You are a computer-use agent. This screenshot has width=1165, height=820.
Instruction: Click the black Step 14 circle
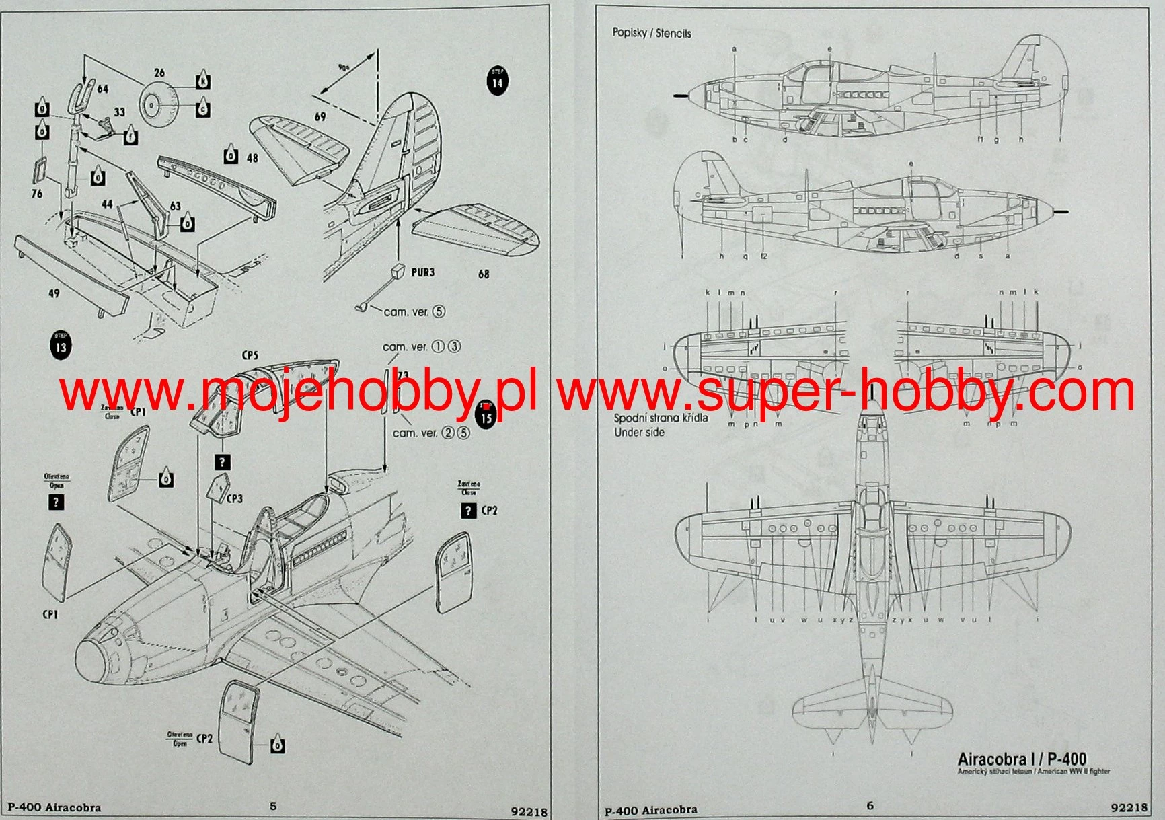(x=497, y=81)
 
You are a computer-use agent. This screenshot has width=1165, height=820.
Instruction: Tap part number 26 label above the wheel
(x=159, y=73)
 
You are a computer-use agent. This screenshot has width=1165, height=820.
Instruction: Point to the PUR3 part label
(x=423, y=272)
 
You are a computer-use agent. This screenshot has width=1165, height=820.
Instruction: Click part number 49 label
(x=54, y=293)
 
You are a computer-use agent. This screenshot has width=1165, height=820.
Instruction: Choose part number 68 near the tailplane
(x=484, y=274)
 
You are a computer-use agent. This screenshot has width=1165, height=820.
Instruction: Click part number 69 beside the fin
(x=320, y=117)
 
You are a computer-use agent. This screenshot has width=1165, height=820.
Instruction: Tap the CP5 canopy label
(x=250, y=355)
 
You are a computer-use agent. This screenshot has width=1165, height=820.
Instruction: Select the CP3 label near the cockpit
(x=234, y=498)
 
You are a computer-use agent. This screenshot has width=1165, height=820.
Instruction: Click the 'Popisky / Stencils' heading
(x=651, y=33)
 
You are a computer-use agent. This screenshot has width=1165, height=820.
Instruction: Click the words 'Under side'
(x=639, y=433)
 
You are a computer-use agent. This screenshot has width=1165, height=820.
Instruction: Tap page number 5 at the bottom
(x=273, y=806)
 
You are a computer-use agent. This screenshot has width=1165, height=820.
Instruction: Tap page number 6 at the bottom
(x=870, y=806)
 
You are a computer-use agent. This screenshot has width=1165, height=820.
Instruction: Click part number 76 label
(x=37, y=194)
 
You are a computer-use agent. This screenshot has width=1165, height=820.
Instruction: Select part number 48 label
(x=252, y=158)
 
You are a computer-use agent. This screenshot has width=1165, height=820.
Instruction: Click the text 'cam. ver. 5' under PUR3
(x=414, y=311)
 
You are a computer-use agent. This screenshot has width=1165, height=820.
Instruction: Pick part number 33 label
(x=119, y=112)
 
